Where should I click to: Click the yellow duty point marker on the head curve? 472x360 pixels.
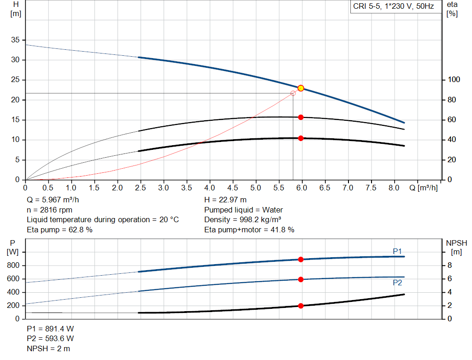tap(301, 88)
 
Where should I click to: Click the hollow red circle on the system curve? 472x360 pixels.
tap(293, 93)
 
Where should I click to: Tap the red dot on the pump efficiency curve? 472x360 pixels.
tap(301, 118)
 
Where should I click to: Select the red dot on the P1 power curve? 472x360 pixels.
tap(301, 260)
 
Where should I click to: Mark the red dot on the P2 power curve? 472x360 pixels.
tap(301, 280)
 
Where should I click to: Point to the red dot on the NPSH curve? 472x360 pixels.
tap(301, 306)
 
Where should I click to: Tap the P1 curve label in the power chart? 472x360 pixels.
tap(397, 251)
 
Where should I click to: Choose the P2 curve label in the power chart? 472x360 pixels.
tap(397, 283)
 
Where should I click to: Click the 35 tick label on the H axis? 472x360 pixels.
tap(15, 40)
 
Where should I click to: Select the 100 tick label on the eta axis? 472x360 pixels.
tap(454, 79)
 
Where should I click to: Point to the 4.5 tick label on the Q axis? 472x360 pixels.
tap(233, 188)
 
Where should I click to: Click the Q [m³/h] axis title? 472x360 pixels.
tap(424, 188)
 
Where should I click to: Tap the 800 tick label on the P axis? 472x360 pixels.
tap(13, 266)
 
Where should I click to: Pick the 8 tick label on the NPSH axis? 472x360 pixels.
tap(450, 266)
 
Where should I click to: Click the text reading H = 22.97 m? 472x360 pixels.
tap(225, 200)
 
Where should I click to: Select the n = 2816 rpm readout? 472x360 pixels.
tap(50, 210)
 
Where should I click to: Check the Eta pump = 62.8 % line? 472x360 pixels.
tap(59, 230)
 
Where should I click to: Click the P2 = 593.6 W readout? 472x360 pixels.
tap(50, 339)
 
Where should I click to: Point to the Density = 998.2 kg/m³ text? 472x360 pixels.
tap(242, 220)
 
